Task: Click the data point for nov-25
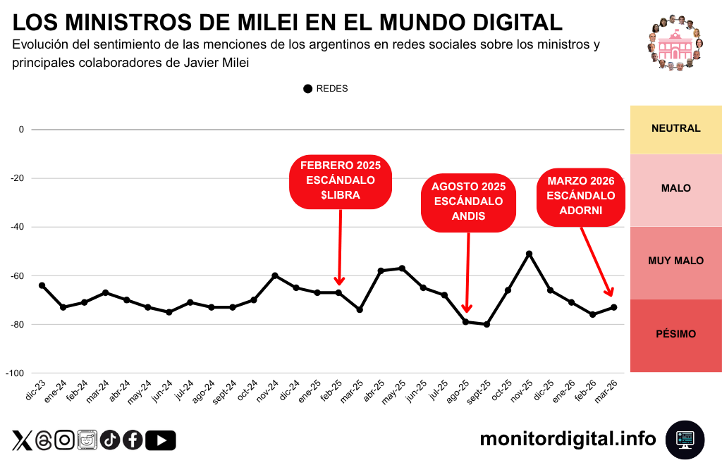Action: (529, 254)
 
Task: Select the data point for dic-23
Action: (42, 285)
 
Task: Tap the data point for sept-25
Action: (487, 324)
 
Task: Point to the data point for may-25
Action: (402, 268)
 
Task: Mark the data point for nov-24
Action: (275, 275)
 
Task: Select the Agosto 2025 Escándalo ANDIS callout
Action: (469, 202)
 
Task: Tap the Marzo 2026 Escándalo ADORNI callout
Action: (581, 196)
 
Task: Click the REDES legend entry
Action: (326, 89)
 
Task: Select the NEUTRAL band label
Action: (675, 129)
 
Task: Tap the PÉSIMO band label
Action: (675, 334)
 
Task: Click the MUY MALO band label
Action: (675, 261)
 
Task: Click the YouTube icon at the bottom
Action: (161, 440)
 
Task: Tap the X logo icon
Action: (22, 440)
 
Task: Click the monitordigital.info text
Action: (568, 439)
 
